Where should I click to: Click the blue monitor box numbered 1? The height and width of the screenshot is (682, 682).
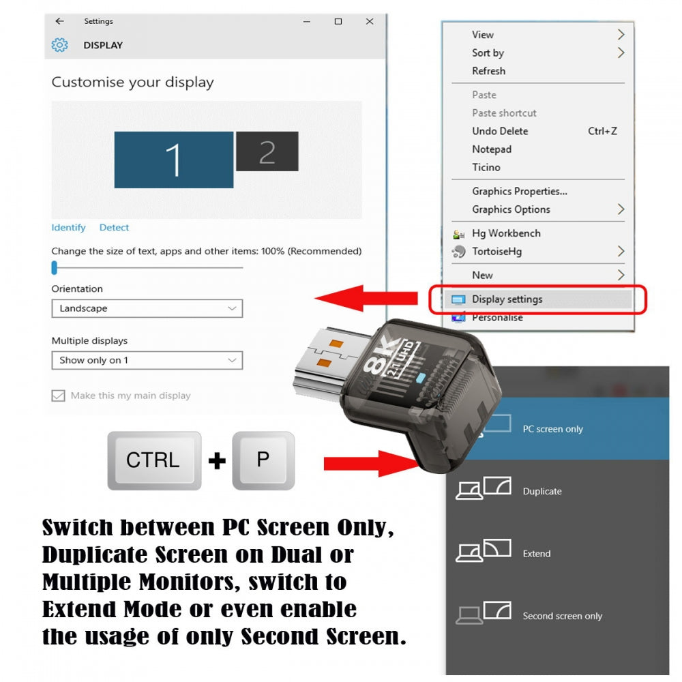pos(173,160)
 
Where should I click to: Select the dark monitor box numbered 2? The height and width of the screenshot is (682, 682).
pos(267,151)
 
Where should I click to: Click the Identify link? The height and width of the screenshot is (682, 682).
pos(68,228)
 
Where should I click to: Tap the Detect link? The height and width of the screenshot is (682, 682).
pos(114,228)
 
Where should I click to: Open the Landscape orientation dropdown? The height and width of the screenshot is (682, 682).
pos(147,308)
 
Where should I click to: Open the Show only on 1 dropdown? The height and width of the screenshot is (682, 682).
pos(147,360)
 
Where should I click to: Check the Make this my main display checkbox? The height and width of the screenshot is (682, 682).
pos(58,396)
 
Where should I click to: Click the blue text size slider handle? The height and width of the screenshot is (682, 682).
pos(55,268)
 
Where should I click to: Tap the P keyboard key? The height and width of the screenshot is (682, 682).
pos(263,460)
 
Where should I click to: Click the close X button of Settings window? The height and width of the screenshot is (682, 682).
pos(370,21)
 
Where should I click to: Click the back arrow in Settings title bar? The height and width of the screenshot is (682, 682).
pos(59,21)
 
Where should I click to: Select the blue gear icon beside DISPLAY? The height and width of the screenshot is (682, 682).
pos(59,45)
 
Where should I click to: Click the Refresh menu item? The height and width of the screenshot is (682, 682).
pos(488,71)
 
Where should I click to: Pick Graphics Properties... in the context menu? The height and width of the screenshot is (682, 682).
pos(519,192)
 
